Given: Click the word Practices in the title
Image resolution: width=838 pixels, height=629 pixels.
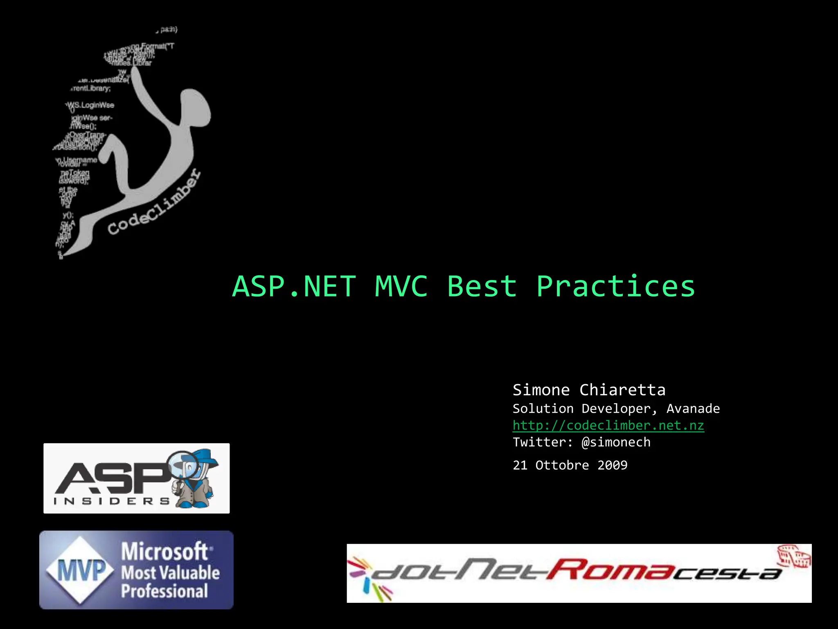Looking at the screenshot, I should coord(615,287).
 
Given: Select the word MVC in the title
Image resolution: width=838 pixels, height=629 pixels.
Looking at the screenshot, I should coord(401,287).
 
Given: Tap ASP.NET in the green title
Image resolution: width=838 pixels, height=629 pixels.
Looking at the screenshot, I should coord(294,287).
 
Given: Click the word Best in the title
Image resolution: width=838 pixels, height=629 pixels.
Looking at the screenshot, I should coord(482,287).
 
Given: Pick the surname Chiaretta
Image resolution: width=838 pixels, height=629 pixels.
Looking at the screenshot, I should coord(622,390).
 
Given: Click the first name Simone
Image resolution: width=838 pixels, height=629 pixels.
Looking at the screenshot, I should coord(541,390).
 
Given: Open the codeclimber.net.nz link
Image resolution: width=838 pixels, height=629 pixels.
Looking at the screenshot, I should coord(608,425).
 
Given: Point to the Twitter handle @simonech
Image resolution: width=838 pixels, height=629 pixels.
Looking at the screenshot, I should coord(616,442).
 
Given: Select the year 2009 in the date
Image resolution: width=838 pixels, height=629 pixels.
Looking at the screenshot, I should coord(612,465).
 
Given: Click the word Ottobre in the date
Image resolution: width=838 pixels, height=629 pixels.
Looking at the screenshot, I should coord(562,465).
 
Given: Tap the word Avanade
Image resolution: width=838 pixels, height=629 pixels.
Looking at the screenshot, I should coord(693,409).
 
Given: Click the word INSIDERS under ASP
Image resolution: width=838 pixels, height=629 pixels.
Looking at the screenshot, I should coord(111,501).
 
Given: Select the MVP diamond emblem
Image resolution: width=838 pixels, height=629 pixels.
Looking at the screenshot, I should coord(81,570).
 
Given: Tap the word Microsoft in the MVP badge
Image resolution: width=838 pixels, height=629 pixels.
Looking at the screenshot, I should coord(165,552).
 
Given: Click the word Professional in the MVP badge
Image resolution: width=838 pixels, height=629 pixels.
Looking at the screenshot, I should coord(164,591).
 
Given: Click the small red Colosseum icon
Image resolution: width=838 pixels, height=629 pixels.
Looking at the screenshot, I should coord(794,556).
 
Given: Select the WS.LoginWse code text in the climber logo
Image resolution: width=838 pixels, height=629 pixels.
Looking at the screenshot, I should coord(91,106).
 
